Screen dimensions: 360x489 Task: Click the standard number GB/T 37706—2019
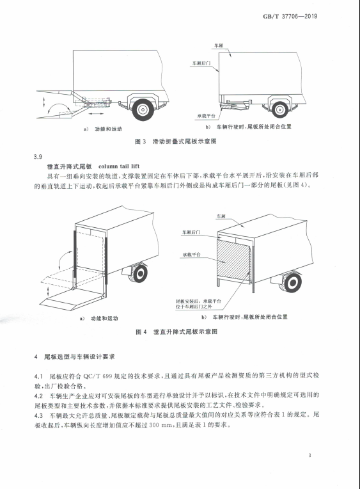coord(290,16)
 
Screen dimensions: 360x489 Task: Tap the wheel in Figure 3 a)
coord(143,109)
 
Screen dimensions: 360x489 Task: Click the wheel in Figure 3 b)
coord(279,109)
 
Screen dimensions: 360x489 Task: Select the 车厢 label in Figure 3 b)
coord(218,45)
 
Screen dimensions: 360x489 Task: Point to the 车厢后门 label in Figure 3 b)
coord(201,63)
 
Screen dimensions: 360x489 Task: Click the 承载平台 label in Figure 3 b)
coord(206,116)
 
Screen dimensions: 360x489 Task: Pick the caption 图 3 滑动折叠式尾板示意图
coord(175,141)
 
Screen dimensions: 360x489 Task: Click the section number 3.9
coord(38,157)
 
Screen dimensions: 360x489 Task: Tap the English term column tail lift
coord(119,166)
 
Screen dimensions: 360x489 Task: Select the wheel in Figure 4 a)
coord(139,273)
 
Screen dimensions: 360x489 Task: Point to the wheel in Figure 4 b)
coord(292,283)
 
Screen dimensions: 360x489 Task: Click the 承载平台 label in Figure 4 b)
coord(191,255)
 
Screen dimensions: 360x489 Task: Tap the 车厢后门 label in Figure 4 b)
coord(191,232)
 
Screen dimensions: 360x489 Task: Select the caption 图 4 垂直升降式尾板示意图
coord(176,332)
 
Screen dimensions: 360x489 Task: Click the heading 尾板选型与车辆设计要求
coord(79,357)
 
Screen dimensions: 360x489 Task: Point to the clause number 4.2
coord(38,396)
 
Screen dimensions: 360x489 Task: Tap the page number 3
coord(309,455)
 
